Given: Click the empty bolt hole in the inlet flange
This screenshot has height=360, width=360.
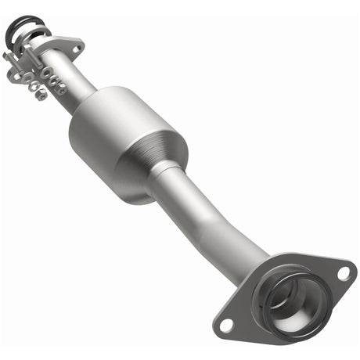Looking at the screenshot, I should click(x=76, y=49).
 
